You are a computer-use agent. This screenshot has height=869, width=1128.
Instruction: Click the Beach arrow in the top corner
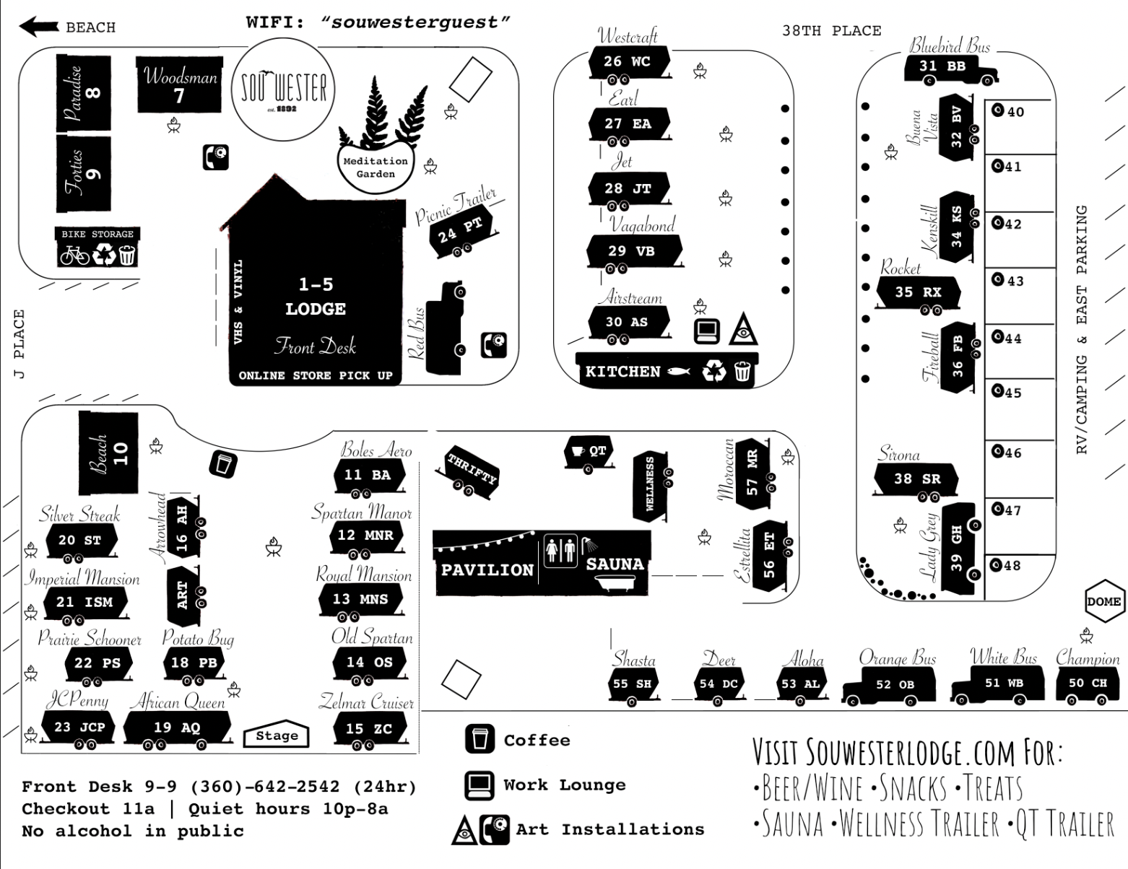(x=39, y=27)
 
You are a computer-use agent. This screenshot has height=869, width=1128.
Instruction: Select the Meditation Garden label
(x=375, y=167)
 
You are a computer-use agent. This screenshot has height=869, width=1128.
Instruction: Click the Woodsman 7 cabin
(x=179, y=85)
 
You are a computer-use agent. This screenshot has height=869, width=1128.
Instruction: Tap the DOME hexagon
(x=1103, y=601)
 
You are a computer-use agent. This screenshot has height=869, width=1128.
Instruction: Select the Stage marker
(x=277, y=735)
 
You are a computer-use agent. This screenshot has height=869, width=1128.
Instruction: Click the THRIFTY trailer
(x=471, y=470)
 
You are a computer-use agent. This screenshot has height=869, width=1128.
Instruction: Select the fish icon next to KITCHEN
(x=679, y=372)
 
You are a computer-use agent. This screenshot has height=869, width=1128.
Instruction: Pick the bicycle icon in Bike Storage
(x=74, y=255)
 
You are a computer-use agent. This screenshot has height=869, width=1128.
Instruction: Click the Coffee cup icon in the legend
(x=480, y=740)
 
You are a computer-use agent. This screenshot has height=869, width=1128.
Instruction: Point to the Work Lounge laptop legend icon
(x=480, y=785)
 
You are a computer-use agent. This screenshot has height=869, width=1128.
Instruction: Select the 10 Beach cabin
(x=108, y=453)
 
